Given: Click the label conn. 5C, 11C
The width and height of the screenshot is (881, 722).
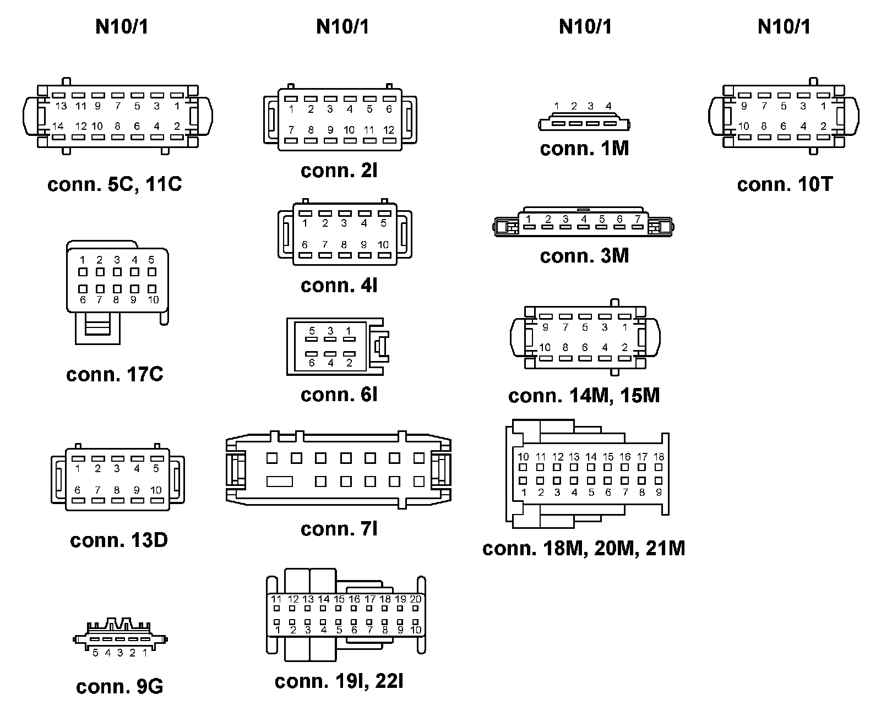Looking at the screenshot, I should pos(115,184).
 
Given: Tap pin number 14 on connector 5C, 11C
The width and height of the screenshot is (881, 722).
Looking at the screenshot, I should pos(58,126).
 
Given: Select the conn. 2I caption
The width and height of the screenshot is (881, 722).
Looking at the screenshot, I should pos(339,171).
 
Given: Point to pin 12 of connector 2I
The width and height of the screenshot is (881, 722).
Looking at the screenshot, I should pos(389,130).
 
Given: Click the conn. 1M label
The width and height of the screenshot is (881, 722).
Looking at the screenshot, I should pos(584,149).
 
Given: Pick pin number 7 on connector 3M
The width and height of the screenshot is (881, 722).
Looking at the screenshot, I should pos(637,219).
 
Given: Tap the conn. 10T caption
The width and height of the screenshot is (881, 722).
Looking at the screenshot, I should pos(785,184).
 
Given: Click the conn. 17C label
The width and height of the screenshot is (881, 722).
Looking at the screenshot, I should pos(115,375).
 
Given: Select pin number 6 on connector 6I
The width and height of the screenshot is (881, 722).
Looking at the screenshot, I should pos(312,363).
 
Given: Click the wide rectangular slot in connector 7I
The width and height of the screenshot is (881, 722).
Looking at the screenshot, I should pos(280,482).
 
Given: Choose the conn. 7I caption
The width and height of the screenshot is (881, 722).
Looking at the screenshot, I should pos(339,529).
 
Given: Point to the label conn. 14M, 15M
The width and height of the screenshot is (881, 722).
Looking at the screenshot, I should pos(584,396).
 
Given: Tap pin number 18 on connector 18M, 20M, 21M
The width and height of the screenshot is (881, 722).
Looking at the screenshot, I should pos(659,457).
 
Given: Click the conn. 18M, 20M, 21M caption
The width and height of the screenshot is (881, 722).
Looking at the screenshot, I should pos(584,548).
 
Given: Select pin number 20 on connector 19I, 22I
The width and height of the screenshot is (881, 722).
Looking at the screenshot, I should pos(415,599).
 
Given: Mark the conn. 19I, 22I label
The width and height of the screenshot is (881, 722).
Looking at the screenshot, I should pos(339,681).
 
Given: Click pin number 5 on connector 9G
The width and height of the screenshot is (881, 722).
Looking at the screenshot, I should pos(95,653).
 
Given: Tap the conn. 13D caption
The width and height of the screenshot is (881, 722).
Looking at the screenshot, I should pos(119,540).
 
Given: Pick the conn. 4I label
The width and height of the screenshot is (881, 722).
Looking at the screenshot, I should pos(339,285).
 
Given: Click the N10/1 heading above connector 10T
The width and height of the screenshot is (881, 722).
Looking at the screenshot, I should pos(784,26).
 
